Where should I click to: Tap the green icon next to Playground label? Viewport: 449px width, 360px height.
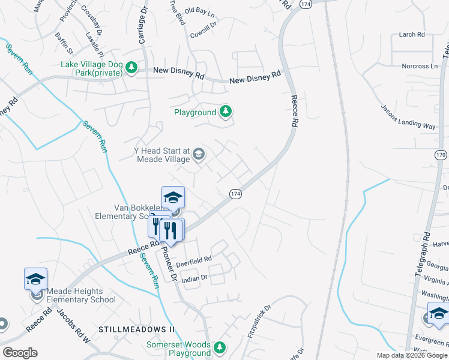[x=226, y=112]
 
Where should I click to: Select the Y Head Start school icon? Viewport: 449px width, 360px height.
[x=198, y=155]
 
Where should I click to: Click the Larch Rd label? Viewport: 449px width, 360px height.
[x=411, y=35]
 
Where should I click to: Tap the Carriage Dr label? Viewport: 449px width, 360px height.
[x=143, y=24]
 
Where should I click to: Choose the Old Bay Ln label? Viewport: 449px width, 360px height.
[x=199, y=11]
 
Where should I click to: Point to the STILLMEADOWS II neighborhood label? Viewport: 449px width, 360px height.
[x=136, y=330]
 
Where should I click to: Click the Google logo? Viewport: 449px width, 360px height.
[x=20, y=353]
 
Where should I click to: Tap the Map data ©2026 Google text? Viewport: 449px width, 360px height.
[x=411, y=355]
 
